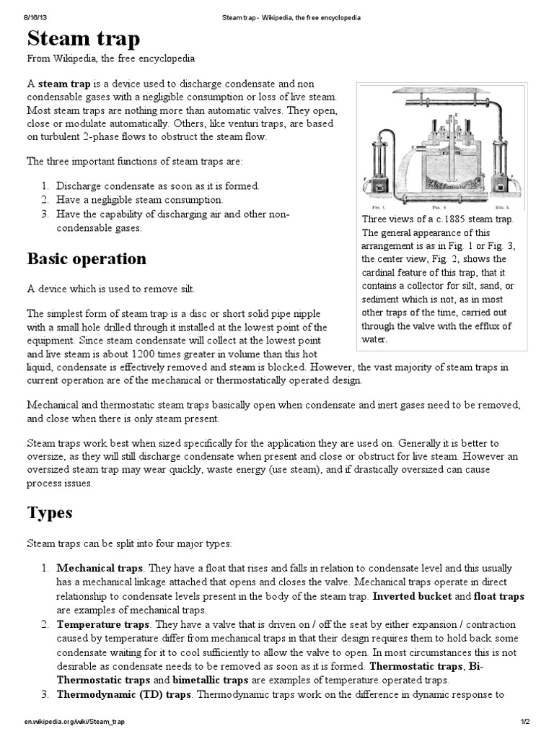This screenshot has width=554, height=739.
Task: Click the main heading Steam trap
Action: pos(84,38)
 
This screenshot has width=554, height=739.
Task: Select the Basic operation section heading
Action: pos(87,258)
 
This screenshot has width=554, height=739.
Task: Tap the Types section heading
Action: pos(50,512)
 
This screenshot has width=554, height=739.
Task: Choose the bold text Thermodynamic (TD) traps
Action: pos(123,694)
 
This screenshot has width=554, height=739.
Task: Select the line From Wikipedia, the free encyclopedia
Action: pos(110,58)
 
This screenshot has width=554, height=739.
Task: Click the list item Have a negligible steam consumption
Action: pos(139,199)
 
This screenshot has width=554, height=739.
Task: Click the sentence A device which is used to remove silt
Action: pos(110,289)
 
